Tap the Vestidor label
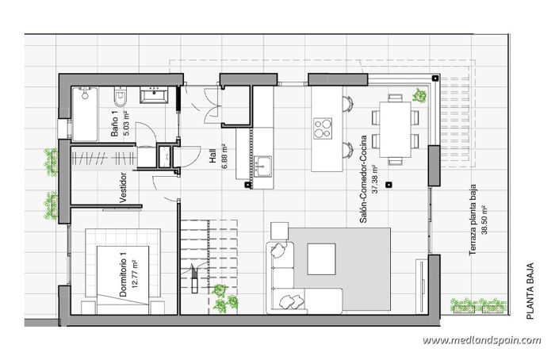pyautogui.click(x=123, y=188)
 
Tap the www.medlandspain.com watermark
pyautogui.click(x=481, y=340)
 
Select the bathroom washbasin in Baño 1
pyautogui.click(x=154, y=97)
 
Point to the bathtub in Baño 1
pyautogui.click(x=85, y=113)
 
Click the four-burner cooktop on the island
pyautogui.click(x=323, y=127)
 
